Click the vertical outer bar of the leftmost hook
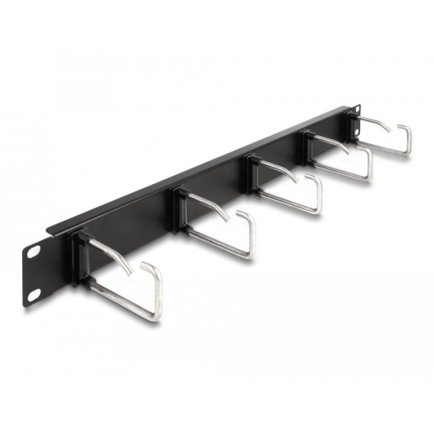click(158, 293)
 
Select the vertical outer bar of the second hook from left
click(251, 236)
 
